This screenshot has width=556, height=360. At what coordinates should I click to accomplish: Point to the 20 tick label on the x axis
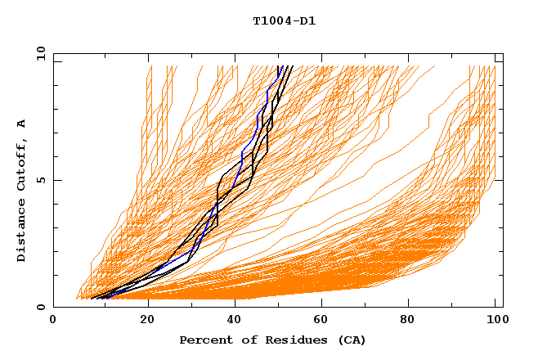pos(148,321)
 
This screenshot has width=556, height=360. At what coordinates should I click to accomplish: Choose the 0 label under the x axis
pos(53,321)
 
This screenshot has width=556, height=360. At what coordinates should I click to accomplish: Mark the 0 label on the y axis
pos(40,308)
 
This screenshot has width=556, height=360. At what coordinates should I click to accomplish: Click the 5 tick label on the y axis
pos(40,180)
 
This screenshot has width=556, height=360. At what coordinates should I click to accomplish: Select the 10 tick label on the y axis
pos(39,52)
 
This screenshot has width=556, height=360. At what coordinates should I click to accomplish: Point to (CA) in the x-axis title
pos(352,340)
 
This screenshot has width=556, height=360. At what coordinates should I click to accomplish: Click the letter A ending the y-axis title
pos(21,123)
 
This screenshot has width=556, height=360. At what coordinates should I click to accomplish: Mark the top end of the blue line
pos(279,67)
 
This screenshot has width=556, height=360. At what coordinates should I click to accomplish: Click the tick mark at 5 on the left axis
pos(56,180)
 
